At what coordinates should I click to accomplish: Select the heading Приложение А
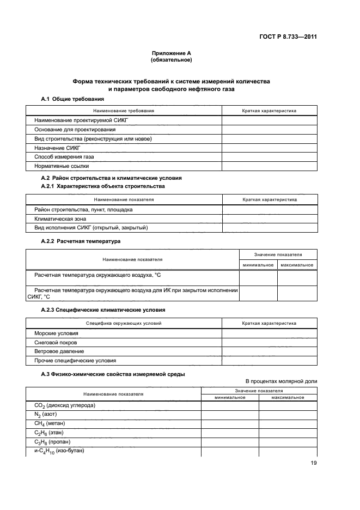tap(172, 53)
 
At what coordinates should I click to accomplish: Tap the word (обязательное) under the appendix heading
tap(172, 60)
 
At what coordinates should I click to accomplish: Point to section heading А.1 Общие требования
tap(73, 99)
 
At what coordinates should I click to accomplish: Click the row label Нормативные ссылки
tap(62, 166)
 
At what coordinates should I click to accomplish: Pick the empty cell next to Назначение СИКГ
tap(269, 147)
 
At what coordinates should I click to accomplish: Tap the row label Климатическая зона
tap(60, 218)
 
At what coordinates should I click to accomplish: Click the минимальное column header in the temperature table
tap(258, 265)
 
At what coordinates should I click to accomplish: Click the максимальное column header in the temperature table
tap(297, 265)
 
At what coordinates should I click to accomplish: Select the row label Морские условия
tap(56, 333)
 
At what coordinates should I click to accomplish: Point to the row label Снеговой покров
tap(57, 342)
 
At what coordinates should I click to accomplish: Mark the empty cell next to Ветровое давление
tap(269, 351)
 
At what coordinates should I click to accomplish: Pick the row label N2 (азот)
tap(46, 414)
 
